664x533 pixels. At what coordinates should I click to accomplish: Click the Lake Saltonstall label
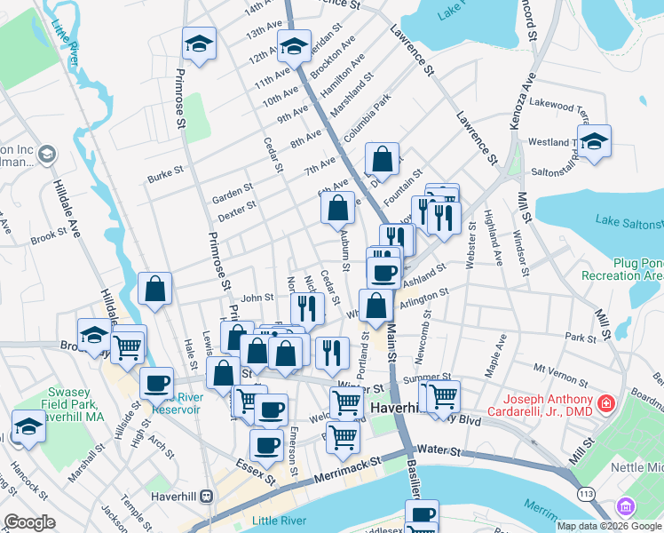point(628,220)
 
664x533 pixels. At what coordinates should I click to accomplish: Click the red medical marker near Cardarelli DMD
point(605,404)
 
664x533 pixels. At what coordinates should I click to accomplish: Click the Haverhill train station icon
point(206,495)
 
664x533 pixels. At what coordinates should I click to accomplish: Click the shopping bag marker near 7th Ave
point(382,160)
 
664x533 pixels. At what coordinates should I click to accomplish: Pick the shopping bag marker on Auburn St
point(338,209)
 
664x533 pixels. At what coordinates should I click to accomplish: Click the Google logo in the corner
point(29,521)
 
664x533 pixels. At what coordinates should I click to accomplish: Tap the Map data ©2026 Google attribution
point(608,526)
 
